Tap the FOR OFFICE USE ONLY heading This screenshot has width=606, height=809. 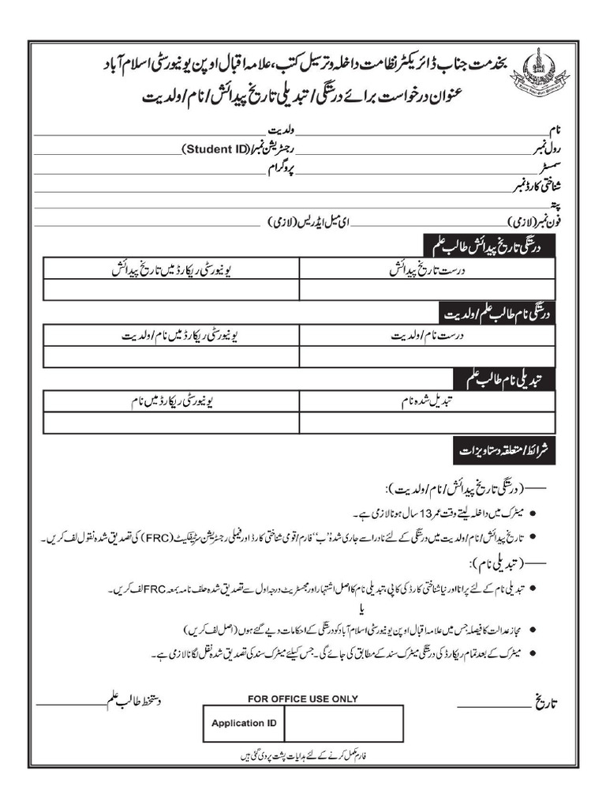pyautogui.click(x=302, y=698)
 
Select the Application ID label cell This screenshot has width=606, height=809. pyautogui.click(x=244, y=723)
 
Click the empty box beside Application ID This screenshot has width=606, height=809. pyautogui.click(x=343, y=723)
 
